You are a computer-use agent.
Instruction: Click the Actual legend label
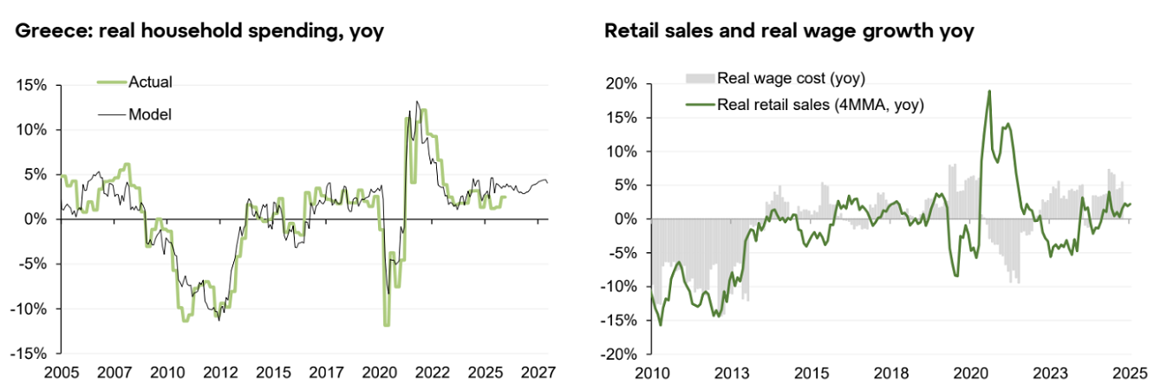click(x=150, y=82)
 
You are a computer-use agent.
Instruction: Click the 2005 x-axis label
click(x=61, y=373)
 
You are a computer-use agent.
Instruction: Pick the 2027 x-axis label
click(x=538, y=373)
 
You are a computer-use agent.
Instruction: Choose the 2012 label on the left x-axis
click(x=221, y=373)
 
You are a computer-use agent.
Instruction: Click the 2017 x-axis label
click(x=326, y=373)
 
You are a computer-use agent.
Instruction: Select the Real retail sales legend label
click(x=820, y=105)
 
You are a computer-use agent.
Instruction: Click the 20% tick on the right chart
click(x=623, y=83)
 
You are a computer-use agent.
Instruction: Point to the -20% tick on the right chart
click(x=620, y=354)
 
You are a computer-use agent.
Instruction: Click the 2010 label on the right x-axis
click(x=650, y=373)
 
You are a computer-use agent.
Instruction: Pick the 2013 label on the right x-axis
click(x=731, y=373)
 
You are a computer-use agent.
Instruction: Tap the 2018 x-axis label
click(x=890, y=373)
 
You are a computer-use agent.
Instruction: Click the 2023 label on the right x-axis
click(x=1051, y=373)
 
